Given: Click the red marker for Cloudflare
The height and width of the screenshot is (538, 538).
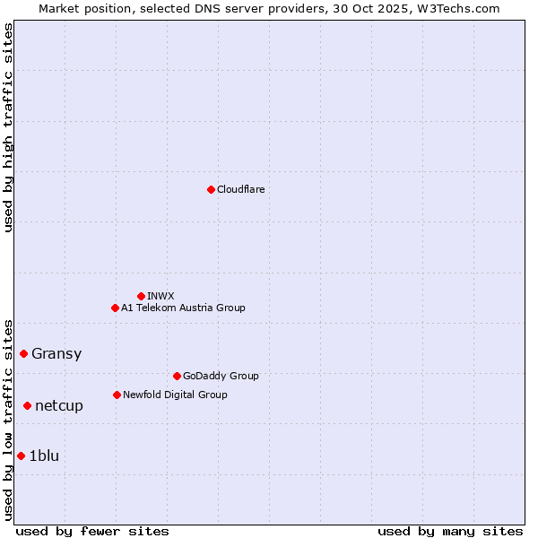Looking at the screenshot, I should (x=211, y=189).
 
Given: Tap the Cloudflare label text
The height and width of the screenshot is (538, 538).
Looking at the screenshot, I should (x=240, y=189).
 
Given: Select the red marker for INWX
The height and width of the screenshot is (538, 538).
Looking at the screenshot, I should (x=141, y=296).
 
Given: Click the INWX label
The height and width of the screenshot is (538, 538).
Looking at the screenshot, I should (x=161, y=296).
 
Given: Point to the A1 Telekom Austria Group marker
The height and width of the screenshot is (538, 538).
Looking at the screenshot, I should (x=115, y=308).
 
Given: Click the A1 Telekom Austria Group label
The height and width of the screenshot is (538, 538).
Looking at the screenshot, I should (x=183, y=308).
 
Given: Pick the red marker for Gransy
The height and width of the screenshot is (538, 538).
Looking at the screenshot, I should (x=23, y=353).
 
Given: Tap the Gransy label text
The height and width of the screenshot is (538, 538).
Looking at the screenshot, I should (x=56, y=353).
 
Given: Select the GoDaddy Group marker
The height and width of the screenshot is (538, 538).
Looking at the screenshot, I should (x=177, y=376).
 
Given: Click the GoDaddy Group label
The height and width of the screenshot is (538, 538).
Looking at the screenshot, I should (x=221, y=376).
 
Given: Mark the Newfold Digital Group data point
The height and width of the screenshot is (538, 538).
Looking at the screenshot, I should (x=117, y=395).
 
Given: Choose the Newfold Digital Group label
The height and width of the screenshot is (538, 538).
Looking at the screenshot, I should (x=175, y=395).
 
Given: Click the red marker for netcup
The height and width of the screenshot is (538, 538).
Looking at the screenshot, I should (x=27, y=405).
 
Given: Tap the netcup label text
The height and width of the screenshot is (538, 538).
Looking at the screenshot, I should (x=59, y=405).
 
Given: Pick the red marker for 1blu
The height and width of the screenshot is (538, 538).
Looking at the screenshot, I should (x=21, y=456).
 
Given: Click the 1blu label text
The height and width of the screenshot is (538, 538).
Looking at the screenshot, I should (x=44, y=456).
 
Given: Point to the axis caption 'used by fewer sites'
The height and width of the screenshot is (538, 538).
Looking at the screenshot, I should (x=92, y=531).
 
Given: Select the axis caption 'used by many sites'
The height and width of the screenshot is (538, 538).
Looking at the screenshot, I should (x=450, y=531).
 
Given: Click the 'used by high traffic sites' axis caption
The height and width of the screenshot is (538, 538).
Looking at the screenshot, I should (x=8, y=127).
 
